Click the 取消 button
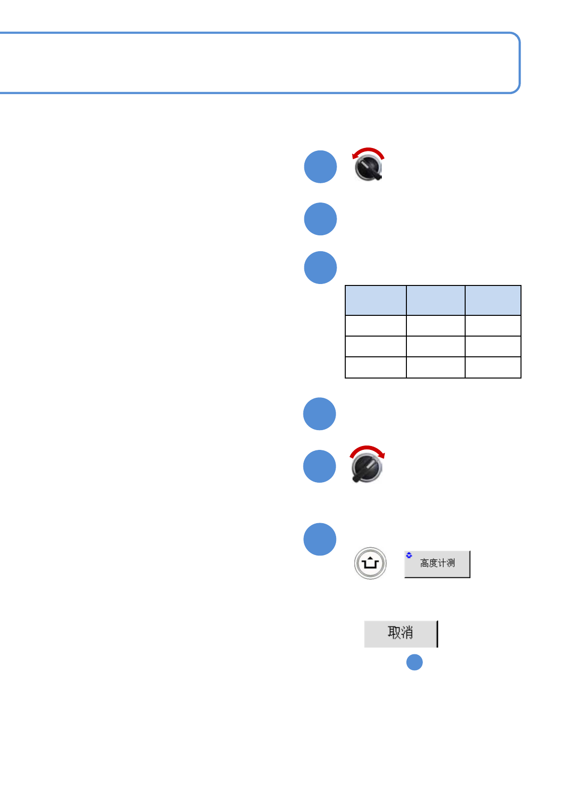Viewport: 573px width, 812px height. (x=401, y=634)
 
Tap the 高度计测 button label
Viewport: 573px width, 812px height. (x=437, y=563)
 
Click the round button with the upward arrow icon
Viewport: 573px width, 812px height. (x=370, y=563)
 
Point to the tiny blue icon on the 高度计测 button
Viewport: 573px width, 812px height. (x=409, y=555)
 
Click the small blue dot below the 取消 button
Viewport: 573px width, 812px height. (x=414, y=663)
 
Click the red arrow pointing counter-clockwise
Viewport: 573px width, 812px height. (x=367, y=152)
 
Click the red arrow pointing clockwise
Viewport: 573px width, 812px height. (x=367, y=450)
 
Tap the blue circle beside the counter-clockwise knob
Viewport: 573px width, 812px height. (x=320, y=167)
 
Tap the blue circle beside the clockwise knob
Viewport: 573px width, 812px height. (x=319, y=466)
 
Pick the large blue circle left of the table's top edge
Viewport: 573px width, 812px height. (x=320, y=268)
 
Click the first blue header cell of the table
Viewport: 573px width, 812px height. (x=376, y=300)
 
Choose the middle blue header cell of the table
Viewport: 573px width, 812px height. (x=435, y=300)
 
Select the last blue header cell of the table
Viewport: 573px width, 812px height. (x=493, y=300)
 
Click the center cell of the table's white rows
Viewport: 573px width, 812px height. (x=435, y=346)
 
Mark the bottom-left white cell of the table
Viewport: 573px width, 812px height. (x=376, y=367)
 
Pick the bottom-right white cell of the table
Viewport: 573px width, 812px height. (x=493, y=367)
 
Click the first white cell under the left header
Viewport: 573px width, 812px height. (x=376, y=325)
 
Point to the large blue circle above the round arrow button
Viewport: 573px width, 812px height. (x=320, y=539)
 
